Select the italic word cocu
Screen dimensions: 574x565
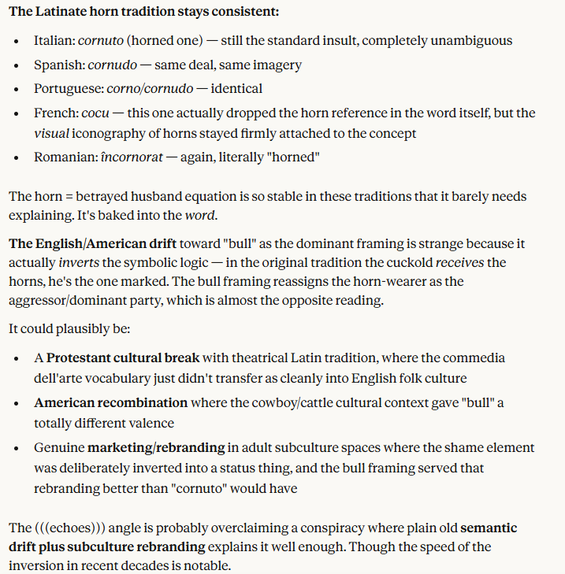95,113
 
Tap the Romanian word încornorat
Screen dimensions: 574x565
132,157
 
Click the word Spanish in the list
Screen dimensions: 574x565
58,65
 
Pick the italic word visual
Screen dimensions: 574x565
52,134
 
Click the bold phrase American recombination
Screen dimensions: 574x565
110,403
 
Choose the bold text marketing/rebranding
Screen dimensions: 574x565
156,448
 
